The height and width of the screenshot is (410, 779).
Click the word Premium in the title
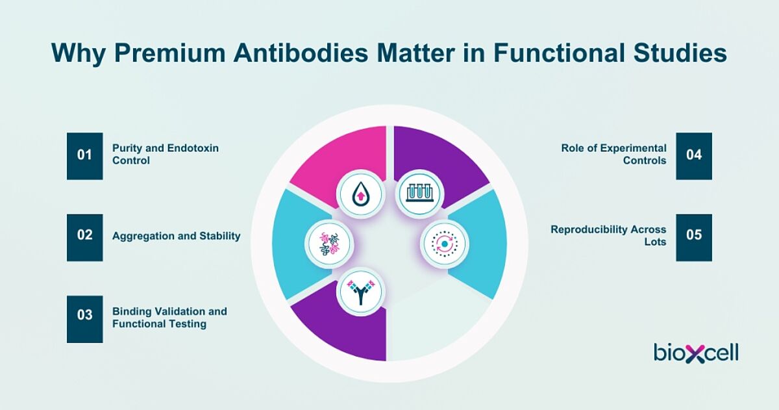tap(170, 53)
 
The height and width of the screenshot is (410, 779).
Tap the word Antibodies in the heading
tap(301, 53)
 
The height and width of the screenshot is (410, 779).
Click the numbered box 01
tap(85, 156)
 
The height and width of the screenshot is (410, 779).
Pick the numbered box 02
tap(85, 238)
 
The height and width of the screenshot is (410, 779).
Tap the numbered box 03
tap(85, 319)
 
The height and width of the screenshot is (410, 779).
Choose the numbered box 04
tap(694, 156)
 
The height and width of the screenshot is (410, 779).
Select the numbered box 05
tap(694, 238)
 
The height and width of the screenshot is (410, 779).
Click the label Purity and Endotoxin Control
tap(166, 154)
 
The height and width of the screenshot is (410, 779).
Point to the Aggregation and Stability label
tap(177, 236)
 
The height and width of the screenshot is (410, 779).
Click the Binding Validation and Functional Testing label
tap(169, 318)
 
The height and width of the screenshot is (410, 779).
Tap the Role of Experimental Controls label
tap(614, 154)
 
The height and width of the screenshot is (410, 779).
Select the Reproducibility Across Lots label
tap(609, 236)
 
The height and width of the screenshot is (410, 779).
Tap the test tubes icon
tap(419, 193)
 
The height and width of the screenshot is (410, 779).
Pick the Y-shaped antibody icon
tap(361, 292)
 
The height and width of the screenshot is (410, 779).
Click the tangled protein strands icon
tap(329, 244)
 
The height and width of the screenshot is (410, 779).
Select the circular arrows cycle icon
tap(445, 244)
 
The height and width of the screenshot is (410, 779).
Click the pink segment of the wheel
tap(340, 157)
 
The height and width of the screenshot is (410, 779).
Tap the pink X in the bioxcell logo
tap(695, 354)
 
